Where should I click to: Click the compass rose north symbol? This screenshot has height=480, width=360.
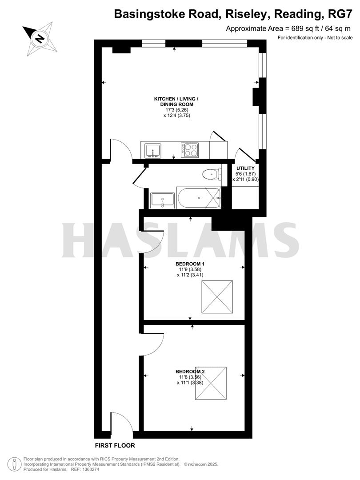40,38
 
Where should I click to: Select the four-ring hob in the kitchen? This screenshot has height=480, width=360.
190,150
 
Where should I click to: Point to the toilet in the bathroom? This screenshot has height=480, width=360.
211,173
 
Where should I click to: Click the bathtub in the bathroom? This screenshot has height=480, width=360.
199,197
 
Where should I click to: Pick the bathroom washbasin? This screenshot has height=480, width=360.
162,200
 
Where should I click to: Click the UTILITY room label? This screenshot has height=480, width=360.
245,168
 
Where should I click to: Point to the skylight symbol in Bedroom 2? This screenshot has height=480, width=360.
211,383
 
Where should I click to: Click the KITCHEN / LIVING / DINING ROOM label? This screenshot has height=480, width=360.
176,101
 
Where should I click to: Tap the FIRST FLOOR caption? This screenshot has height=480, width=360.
115,445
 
